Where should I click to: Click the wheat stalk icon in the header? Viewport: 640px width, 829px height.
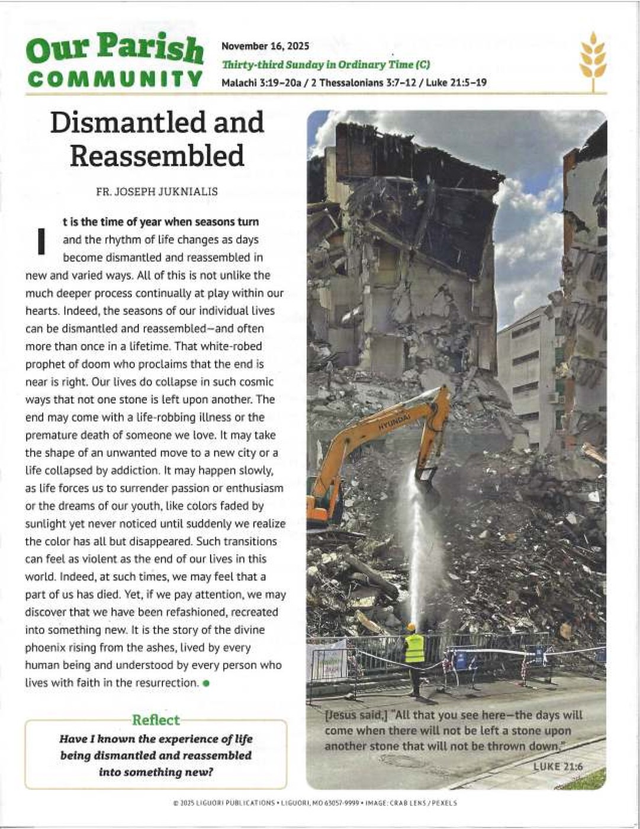593,62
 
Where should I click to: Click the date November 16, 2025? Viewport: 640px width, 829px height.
265,46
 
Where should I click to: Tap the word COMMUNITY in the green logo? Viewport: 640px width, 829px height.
115,79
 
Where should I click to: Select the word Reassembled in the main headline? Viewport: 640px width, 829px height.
157,156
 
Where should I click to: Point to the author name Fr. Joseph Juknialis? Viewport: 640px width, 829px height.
157,192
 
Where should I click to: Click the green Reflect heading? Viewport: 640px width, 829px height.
156,720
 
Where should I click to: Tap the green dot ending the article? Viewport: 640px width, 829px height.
206,683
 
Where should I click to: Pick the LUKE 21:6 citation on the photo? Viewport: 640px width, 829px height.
558,767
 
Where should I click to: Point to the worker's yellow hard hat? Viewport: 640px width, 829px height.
411,627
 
